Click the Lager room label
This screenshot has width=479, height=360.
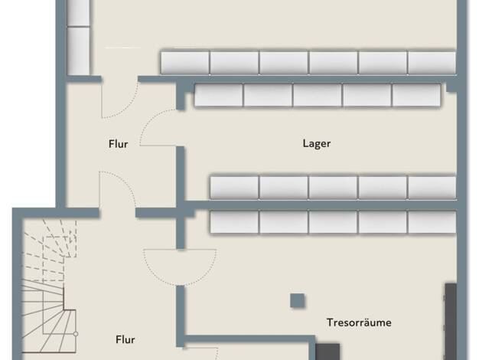(x=317, y=143)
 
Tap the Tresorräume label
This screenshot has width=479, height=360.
(x=359, y=322)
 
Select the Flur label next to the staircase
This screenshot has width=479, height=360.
(x=125, y=339)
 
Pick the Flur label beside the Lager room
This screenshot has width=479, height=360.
(x=119, y=144)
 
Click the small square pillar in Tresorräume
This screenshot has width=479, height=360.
(x=297, y=300)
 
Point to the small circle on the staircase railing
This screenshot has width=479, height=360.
(x=76, y=334)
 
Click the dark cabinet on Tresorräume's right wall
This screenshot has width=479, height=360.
(x=451, y=321)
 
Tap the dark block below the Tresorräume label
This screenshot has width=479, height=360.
(x=327, y=352)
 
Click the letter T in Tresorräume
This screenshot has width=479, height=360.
(x=330, y=322)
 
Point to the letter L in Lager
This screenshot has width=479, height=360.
(x=305, y=143)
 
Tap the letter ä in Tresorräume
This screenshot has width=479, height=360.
(x=370, y=322)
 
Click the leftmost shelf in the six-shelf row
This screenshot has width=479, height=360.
(x=185, y=63)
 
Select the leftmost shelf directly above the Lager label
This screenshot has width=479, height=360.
(x=219, y=95)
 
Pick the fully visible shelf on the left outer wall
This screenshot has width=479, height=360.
(x=78, y=51)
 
